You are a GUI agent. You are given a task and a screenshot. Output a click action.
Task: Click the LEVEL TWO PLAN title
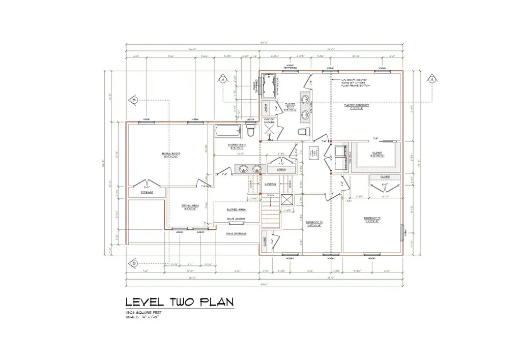pyautogui.click(x=180, y=302)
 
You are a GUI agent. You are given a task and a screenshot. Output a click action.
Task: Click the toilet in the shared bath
pyautogui.click(x=250, y=131)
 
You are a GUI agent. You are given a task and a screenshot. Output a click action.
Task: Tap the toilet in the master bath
pyautogui.click(x=304, y=132)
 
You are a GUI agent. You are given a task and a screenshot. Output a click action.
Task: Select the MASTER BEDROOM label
pyautogui.click(x=360, y=106)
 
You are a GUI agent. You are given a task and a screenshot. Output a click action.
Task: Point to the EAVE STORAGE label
pyautogui.click(x=236, y=233)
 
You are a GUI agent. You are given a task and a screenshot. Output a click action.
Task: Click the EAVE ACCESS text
pyautogui.click(x=236, y=219)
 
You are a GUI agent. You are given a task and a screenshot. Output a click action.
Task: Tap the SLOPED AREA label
pyautogui.click(x=236, y=209)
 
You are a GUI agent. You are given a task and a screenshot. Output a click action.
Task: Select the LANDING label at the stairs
pyautogui.click(x=271, y=184)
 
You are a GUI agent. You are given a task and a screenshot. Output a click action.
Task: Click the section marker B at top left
pyautogui.click(x=134, y=100)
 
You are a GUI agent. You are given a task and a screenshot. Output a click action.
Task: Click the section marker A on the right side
pyautogui.click(x=431, y=79)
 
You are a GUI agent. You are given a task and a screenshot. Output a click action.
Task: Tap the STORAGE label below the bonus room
pyautogui.click(x=147, y=192)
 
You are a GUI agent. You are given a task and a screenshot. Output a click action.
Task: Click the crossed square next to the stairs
pyautogui.click(x=287, y=200)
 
